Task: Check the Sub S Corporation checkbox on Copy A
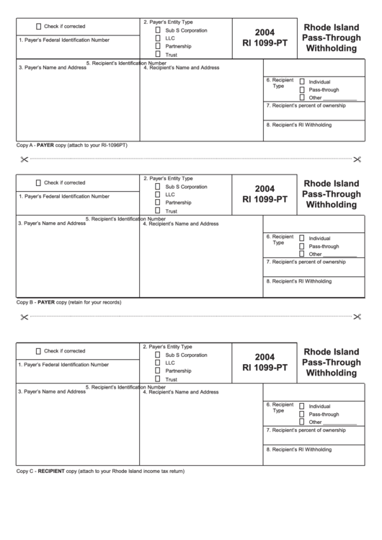click(158, 31)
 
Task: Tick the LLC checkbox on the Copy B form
click(158, 195)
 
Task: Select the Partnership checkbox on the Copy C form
click(158, 371)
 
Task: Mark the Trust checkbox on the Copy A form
click(158, 55)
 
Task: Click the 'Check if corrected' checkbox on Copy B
click(37, 182)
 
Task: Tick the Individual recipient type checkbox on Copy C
click(302, 406)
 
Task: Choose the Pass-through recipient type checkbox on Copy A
click(302, 89)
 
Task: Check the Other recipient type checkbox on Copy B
click(302, 254)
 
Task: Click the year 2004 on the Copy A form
click(265, 32)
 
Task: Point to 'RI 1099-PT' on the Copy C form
click(265, 367)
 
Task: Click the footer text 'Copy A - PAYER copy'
click(71, 145)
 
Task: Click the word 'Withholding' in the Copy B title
click(332, 205)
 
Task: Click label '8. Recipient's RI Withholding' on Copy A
click(298, 125)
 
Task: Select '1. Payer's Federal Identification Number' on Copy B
click(64, 196)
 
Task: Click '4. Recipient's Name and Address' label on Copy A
click(181, 68)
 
